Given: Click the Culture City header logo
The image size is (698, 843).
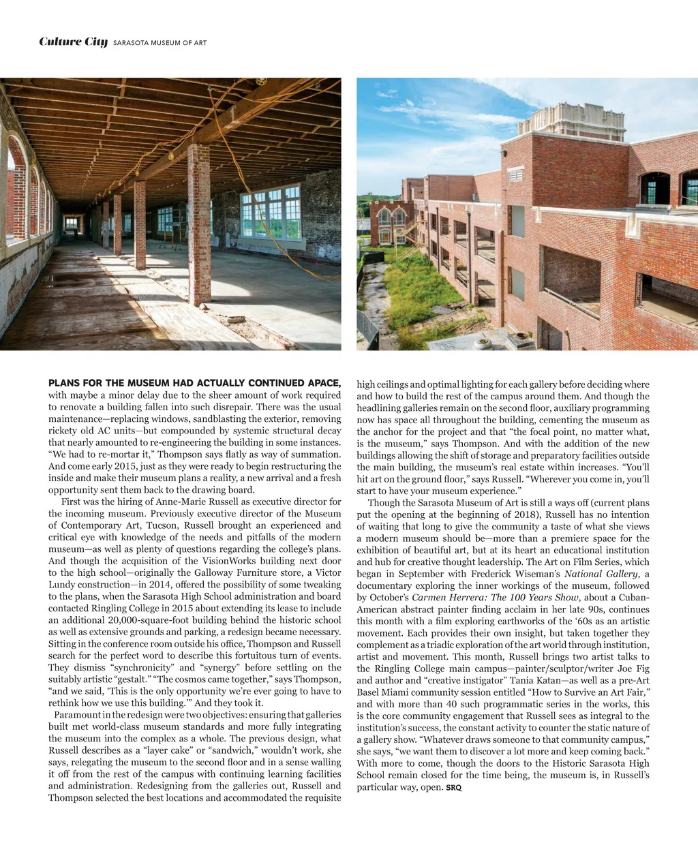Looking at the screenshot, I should tap(73, 42).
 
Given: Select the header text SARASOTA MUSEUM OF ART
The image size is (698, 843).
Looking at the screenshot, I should tap(160, 43).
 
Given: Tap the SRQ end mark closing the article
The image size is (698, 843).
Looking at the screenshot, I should tap(453, 788).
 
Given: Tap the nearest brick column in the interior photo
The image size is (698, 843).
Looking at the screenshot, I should tap(199, 224).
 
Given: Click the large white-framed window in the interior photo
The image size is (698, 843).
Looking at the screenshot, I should tap(271, 211).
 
